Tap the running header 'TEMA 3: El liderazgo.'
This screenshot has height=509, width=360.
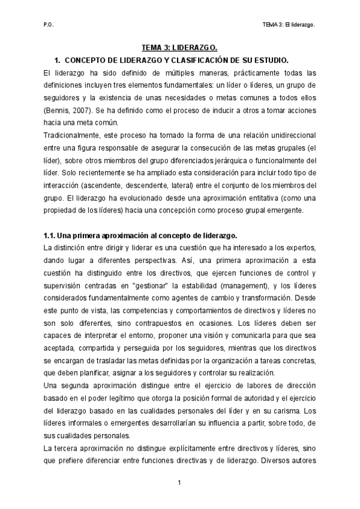tap(289, 25)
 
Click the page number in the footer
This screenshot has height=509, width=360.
tap(179, 481)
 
